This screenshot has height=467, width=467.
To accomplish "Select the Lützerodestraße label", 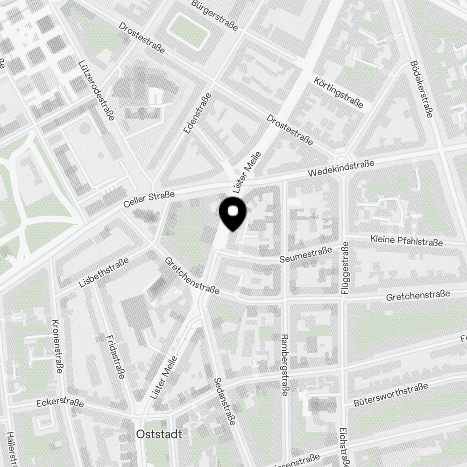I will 97,90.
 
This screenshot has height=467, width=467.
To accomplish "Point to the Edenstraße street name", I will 198,114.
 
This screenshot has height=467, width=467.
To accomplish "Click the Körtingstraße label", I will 339,92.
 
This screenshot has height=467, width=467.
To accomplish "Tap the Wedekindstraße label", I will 341,169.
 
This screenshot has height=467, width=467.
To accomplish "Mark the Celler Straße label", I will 149,199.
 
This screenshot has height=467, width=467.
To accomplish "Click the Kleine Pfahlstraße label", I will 406,241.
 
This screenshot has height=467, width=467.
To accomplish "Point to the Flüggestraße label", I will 346,268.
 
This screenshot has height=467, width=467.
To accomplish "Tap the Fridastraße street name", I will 115,357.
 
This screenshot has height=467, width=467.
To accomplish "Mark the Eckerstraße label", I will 60,403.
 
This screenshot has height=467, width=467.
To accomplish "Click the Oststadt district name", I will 159,434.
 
